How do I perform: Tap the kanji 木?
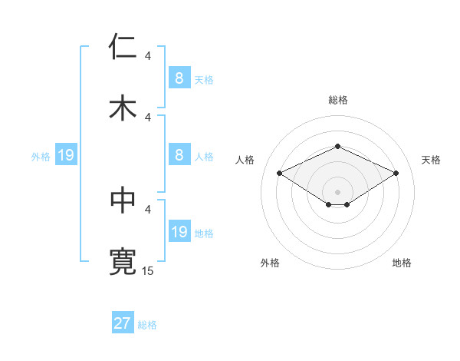[123, 107]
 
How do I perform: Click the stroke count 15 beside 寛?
[148, 270]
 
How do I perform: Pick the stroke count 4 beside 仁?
[148, 56]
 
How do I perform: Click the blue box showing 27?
[123, 323]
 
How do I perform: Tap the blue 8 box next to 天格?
[179, 78]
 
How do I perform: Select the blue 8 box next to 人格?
[179, 155]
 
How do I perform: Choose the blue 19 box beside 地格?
[179, 232]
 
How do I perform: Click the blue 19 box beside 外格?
[66, 155]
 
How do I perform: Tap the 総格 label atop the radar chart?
[337, 100]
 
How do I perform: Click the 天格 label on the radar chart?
[431, 160]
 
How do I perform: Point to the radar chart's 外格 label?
[270, 263]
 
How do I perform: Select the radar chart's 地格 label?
[402, 263]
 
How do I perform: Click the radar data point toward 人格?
[279, 173]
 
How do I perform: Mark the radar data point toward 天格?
[396, 173]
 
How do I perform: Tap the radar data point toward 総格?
[337, 146]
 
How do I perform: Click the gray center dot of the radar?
[337, 191]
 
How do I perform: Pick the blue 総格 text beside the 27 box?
[147, 325]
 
